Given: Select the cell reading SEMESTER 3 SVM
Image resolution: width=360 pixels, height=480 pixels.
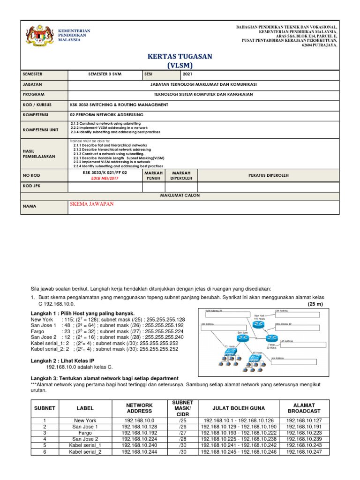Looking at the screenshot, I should (x=105, y=74).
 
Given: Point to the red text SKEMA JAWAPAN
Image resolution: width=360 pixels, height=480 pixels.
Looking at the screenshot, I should (x=91, y=204).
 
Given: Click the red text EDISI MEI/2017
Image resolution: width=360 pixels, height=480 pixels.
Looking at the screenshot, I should (x=105, y=178).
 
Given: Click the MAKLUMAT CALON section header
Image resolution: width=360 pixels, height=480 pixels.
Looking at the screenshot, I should (x=180, y=195).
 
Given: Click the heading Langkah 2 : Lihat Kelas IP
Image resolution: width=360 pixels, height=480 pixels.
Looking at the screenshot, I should (x=63, y=360).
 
